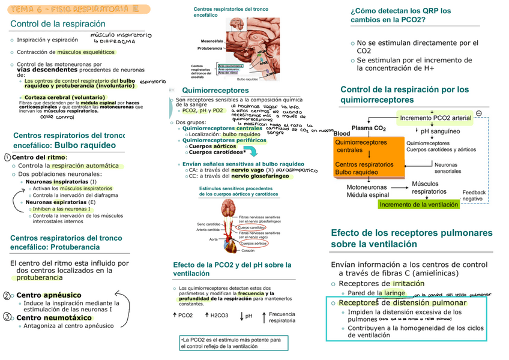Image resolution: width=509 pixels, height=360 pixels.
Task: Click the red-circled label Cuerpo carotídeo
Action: click(251, 228)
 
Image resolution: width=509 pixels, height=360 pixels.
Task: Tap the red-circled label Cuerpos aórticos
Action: click(254, 244)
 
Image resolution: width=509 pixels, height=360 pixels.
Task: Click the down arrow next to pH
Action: click(241, 316)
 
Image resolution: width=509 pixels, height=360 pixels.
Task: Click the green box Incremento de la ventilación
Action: click(418, 205)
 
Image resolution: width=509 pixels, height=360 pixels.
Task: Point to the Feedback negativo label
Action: click(473, 196)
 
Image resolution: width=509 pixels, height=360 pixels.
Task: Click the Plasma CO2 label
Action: click(368, 128)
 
